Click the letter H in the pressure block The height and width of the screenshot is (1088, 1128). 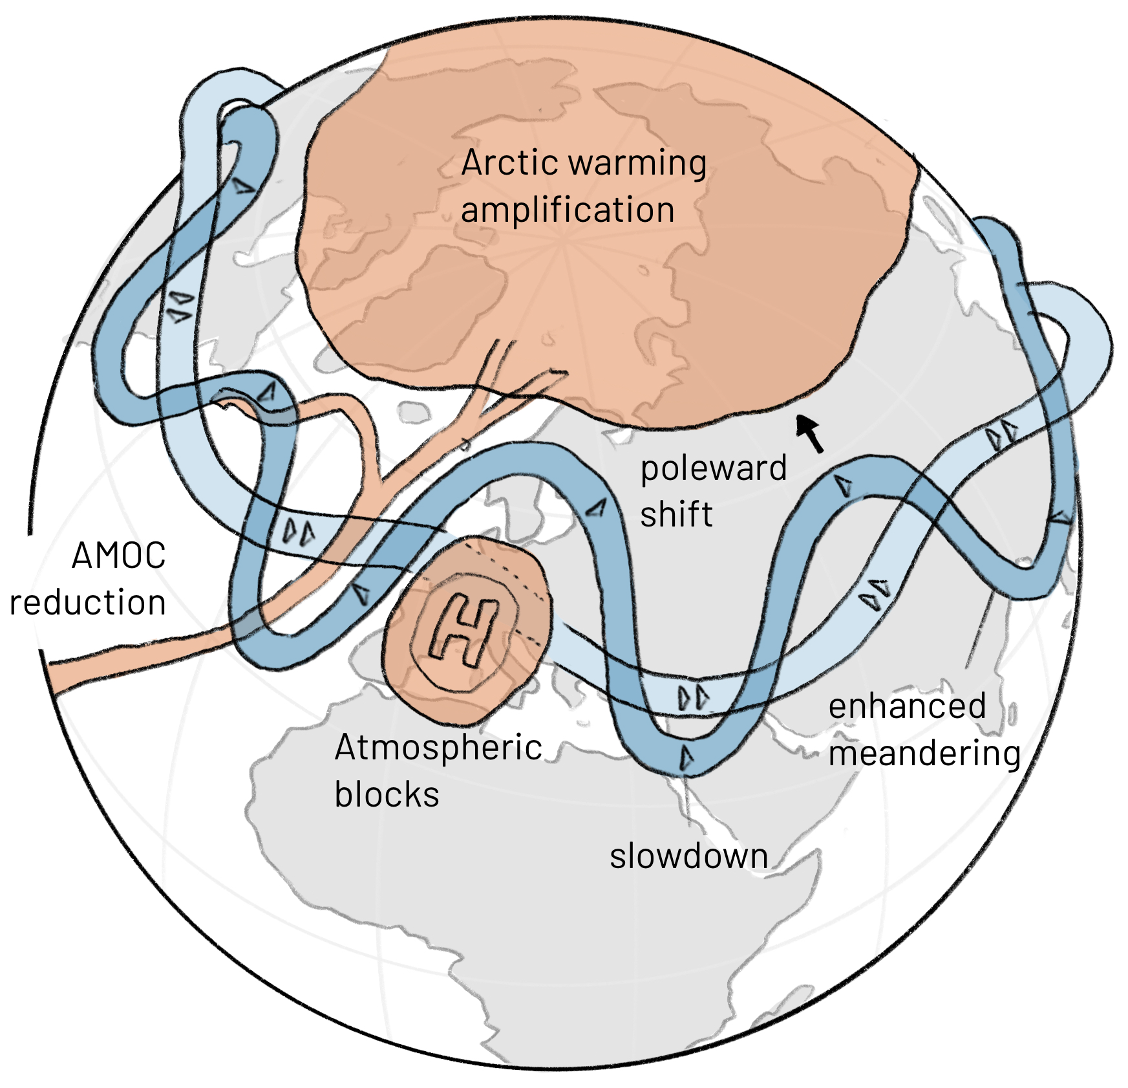click(464, 630)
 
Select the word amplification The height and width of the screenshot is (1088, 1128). click(568, 210)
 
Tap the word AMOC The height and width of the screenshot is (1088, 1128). click(119, 556)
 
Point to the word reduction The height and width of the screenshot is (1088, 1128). click(88, 603)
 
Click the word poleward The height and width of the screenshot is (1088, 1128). click(714, 468)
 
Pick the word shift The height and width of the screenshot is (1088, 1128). click(676, 515)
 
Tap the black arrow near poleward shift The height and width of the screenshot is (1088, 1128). click(809, 432)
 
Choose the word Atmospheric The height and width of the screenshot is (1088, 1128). click(438, 748)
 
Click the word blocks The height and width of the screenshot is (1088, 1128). click(387, 795)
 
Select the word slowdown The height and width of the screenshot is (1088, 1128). click(689, 856)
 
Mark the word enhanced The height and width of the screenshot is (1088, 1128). click(907, 706)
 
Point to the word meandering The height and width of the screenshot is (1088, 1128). click(924, 754)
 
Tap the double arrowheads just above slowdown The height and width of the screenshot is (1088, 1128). click(693, 698)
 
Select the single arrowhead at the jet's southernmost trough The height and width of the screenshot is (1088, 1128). click(686, 757)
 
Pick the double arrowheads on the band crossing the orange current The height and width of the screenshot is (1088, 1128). click(299, 532)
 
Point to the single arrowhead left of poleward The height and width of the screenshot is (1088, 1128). click(597, 508)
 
